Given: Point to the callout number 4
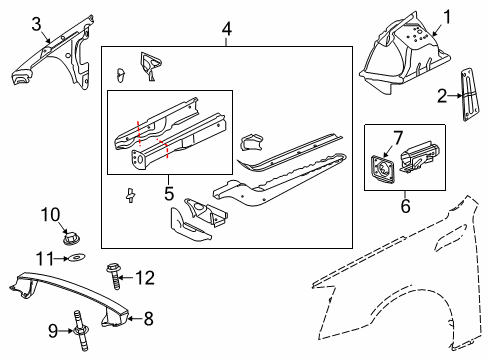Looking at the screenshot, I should click(x=227, y=31).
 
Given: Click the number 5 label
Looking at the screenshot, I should click(x=169, y=188).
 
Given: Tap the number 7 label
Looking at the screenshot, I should click(x=397, y=136).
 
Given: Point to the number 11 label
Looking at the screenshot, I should click(x=45, y=258).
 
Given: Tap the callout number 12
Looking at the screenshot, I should click(x=145, y=277).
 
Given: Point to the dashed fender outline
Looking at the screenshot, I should click(x=400, y=290).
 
